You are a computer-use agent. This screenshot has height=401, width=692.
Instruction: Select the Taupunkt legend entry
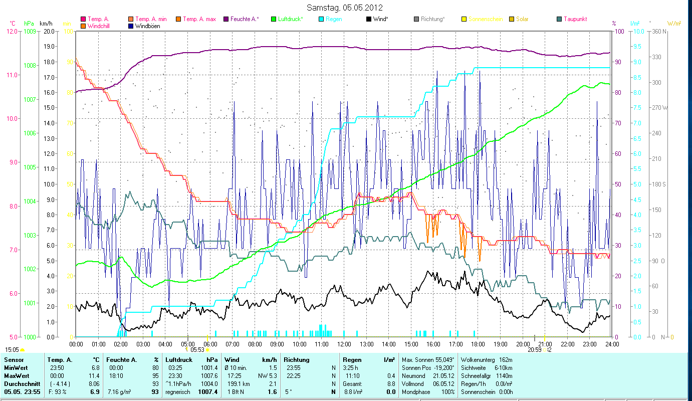[575, 19]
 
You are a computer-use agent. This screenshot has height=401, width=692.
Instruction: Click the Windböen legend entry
[148, 26]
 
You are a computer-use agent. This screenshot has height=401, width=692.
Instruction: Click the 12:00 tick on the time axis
[344, 344]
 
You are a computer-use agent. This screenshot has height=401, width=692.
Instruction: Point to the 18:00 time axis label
[478, 344]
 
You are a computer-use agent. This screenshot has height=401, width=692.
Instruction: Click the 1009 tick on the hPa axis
[30, 31]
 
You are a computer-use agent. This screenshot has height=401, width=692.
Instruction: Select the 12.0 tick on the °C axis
[13, 31]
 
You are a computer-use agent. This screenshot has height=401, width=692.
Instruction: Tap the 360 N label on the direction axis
[658, 31]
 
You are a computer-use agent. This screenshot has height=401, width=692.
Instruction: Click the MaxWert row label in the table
[17, 375]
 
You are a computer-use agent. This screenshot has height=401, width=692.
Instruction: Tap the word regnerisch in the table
[177, 391]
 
